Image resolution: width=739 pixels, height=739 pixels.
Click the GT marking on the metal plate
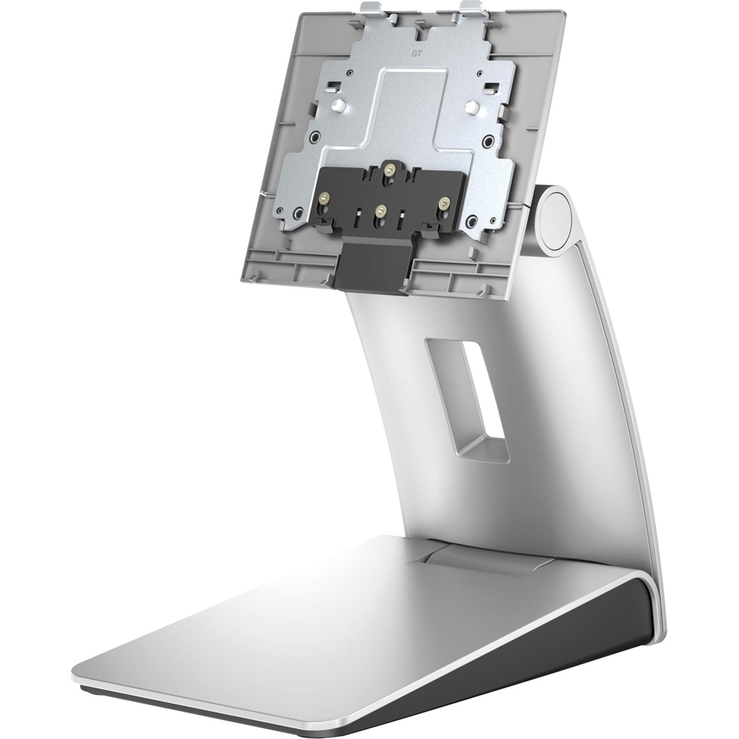402,54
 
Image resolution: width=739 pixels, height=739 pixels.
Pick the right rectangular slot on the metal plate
490,87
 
